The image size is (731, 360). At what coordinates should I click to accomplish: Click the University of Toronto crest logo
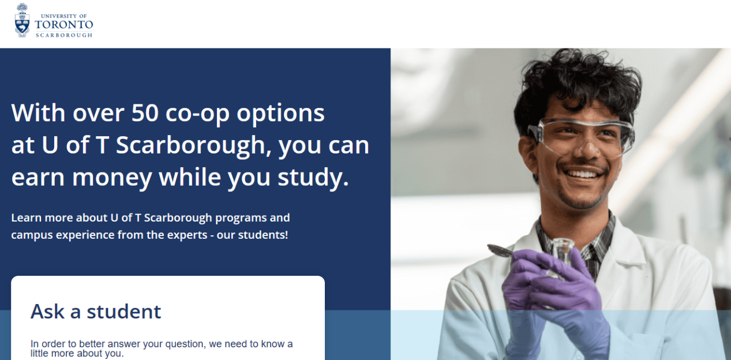click(x=22, y=20)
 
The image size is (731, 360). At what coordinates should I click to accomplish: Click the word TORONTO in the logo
click(x=64, y=25)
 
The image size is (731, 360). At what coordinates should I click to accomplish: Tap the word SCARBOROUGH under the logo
click(x=64, y=35)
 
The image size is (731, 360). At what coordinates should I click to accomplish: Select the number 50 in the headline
click(x=145, y=113)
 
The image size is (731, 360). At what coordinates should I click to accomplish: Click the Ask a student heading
click(x=96, y=312)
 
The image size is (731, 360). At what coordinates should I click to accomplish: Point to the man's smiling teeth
click(x=584, y=174)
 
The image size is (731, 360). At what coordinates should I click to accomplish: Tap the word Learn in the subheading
click(x=27, y=217)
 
